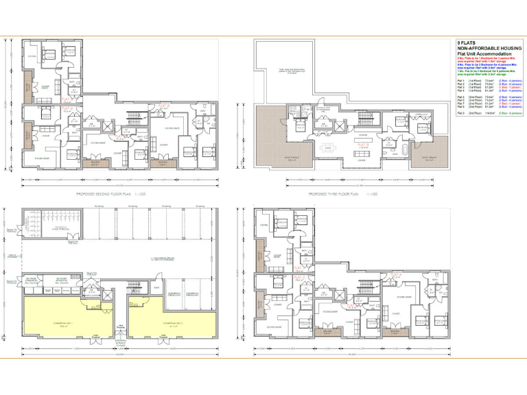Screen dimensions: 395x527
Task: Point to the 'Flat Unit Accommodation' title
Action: point(484,53)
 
